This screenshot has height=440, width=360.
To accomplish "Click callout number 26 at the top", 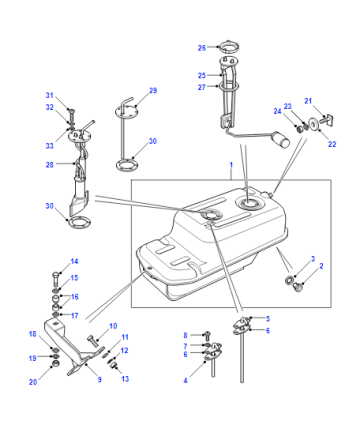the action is (202, 48).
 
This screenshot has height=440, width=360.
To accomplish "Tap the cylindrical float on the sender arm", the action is (281, 140).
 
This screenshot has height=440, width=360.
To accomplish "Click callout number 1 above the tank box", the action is (231, 165).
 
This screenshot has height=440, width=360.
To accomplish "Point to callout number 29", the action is (153, 91).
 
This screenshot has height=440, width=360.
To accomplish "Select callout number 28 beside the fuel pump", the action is (50, 165).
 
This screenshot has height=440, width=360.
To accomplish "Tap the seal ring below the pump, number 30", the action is (79, 222).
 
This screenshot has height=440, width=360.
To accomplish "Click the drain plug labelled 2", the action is (296, 287).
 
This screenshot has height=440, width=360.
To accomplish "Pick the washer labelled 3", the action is (289, 280).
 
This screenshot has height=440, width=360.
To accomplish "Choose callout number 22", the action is (332, 144).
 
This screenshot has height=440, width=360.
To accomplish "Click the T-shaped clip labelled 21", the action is (328, 120).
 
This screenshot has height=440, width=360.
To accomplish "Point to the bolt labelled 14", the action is (56, 280).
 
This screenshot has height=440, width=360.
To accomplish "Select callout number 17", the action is (74, 315).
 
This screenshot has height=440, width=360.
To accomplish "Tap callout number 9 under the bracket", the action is (99, 379).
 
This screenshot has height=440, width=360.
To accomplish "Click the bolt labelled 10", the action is (94, 341).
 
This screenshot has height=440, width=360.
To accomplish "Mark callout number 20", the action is (33, 382).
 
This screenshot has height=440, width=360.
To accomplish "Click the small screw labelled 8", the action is (207, 336).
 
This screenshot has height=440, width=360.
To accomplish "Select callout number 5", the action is (268, 319).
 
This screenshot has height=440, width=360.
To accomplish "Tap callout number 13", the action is (125, 379).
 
